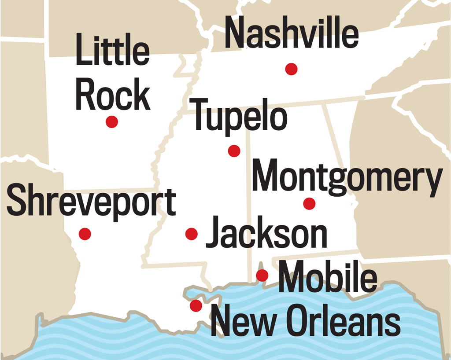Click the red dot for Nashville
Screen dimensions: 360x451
[291, 69]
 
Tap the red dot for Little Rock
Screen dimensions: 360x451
[112, 122]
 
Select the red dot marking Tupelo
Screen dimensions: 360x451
[234, 151]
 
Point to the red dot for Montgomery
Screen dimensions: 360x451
[309, 203]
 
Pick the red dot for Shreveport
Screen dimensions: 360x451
[85, 233]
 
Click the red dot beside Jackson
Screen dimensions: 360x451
[191, 234]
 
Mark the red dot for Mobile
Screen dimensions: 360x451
[262, 276]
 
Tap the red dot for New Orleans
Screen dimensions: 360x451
[196, 305]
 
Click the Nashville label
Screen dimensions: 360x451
[292, 34]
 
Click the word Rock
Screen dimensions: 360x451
[113, 95]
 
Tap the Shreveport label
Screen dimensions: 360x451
[91, 202]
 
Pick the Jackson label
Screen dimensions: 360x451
[266, 233]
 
